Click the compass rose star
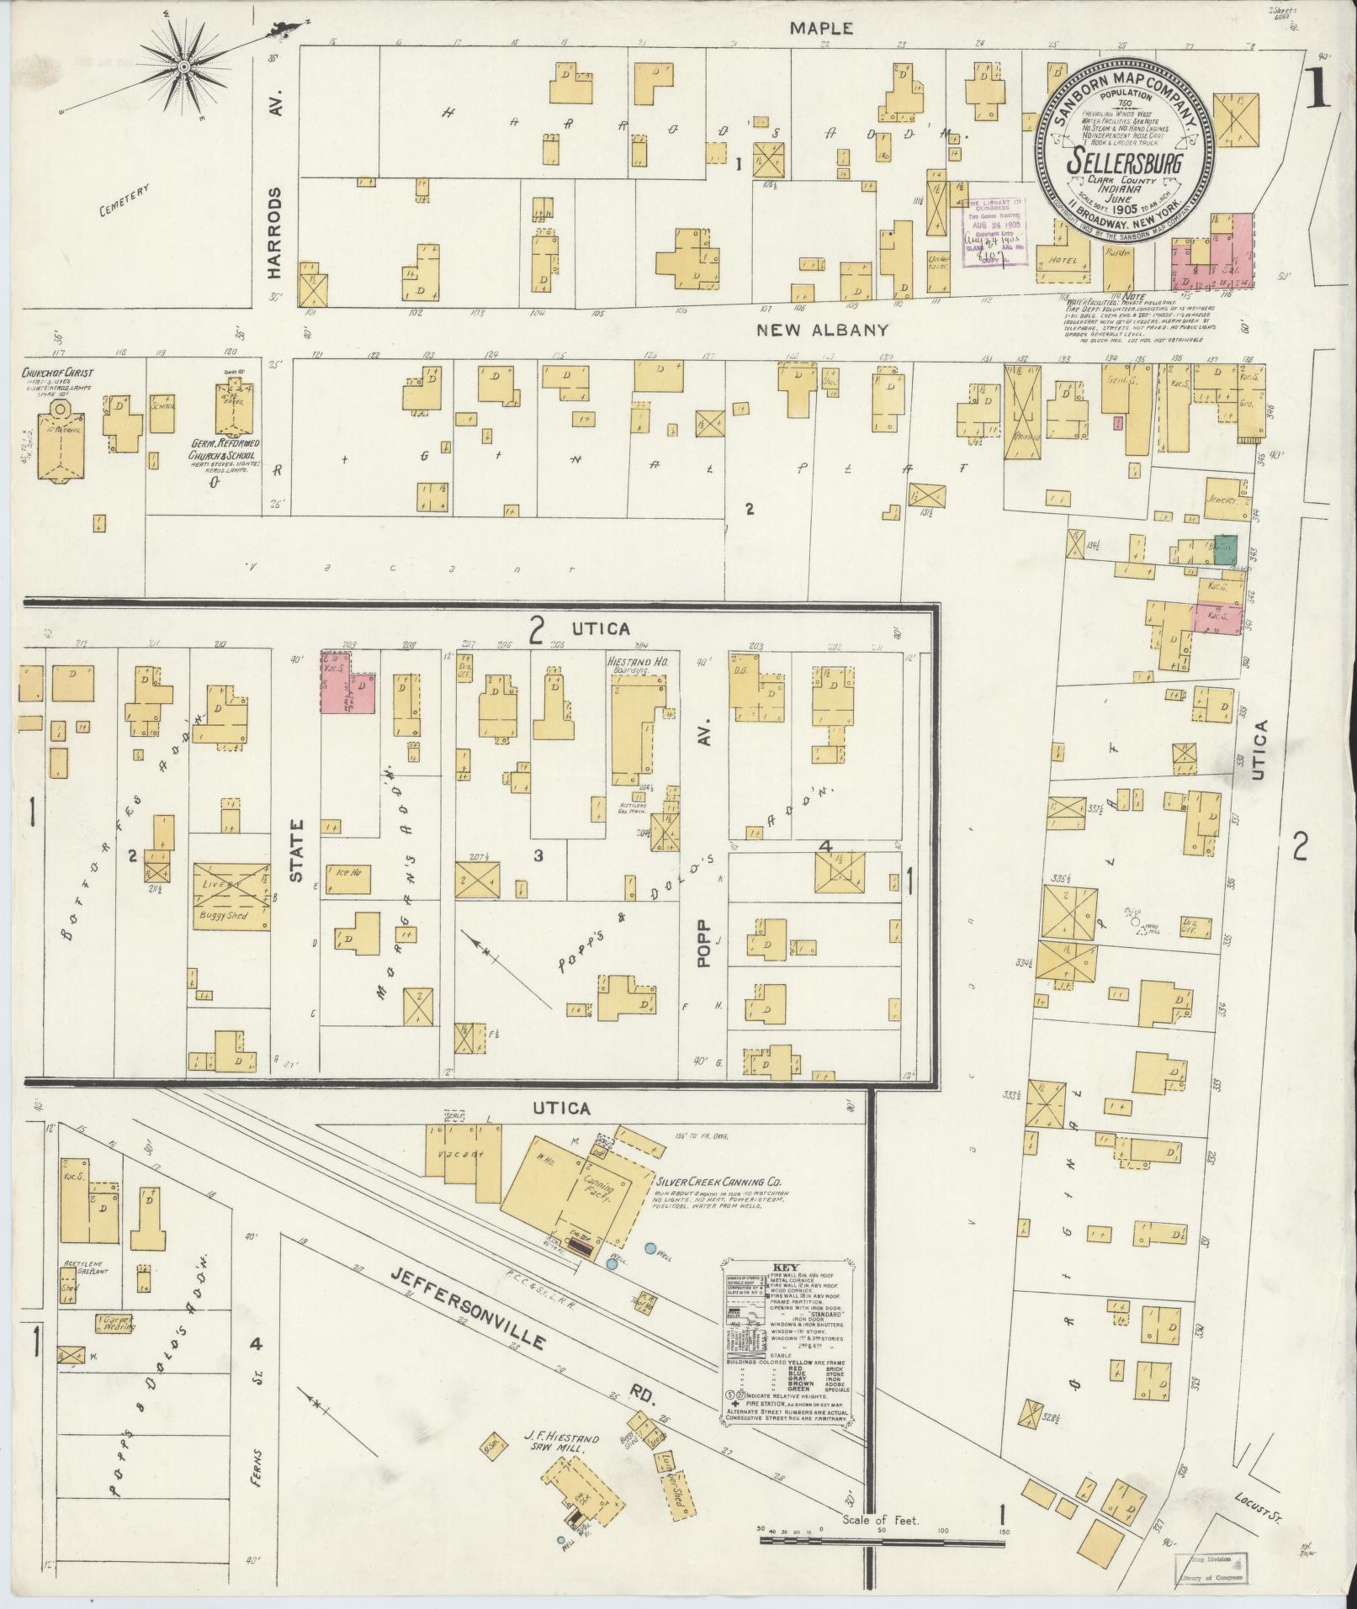tap(183, 66)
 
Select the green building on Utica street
tap(1225, 549)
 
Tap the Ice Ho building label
tap(348, 871)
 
